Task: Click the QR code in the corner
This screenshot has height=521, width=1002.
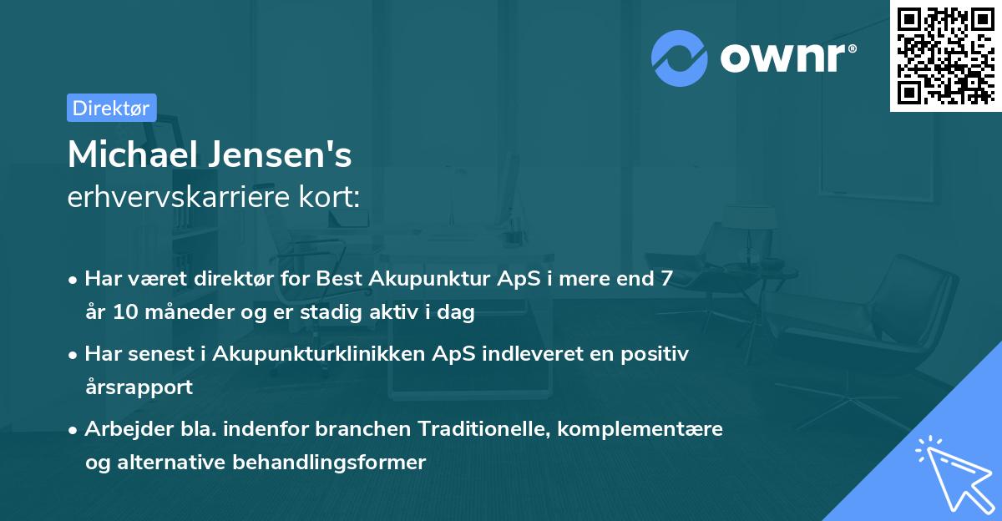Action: (x=946, y=55)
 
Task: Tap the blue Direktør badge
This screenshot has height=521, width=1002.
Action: (x=111, y=108)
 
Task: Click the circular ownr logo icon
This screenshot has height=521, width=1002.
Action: (x=680, y=58)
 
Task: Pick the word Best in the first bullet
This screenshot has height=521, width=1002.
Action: (x=339, y=279)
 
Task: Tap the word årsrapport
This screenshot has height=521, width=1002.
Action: (x=139, y=387)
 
